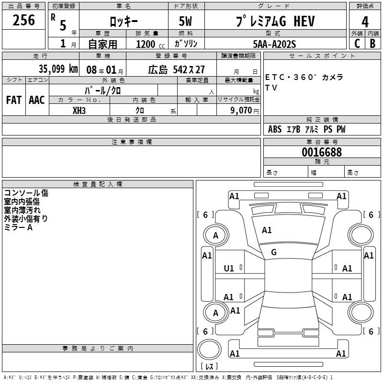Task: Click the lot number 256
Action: pyautogui.click(x=23, y=20)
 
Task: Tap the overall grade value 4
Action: pyautogui.click(x=365, y=22)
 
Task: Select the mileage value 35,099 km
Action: pyautogui.click(x=58, y=69)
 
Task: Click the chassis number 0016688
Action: pyautogui.click(x=322, y=152)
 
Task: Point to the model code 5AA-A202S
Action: pyautogui.click(x=274, y=44)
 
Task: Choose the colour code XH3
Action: pyautogui.click(x=79, y=111)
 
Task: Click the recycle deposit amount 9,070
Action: pyautogui.click(x=241, y=111)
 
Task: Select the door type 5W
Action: pyautogui.click(x=185, y=21)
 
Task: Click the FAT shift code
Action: pyautogui.click(x=14, y=100)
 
